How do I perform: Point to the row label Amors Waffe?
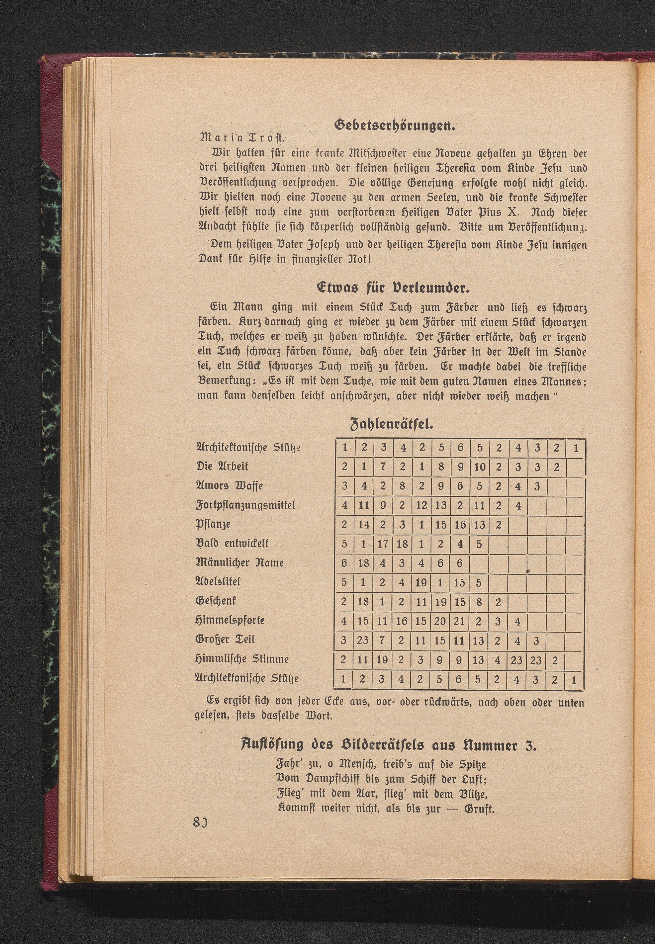[x=230, y=486]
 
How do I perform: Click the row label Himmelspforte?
[x=230, y=620]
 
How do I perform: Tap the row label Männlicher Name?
[x=240, y=562]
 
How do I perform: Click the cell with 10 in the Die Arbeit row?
[x=479, y=467]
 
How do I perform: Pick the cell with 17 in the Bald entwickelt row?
[x=383, y=544]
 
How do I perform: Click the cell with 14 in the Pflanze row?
[x=363, y=525]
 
